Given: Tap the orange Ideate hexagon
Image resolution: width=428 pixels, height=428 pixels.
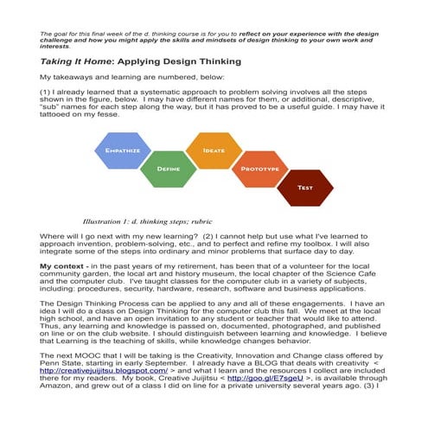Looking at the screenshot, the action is point(213,151).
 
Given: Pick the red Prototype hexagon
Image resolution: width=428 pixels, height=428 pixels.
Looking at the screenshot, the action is point(258,169).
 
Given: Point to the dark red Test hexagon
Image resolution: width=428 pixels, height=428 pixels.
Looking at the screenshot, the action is point(304,187).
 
